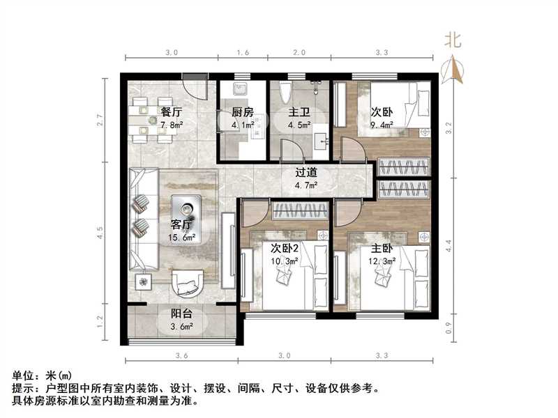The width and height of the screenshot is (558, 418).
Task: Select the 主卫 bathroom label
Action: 299,111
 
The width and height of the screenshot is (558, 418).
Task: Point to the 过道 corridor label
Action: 307,171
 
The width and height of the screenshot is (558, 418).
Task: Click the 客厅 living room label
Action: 181,224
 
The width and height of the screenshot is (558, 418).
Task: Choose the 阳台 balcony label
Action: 181,313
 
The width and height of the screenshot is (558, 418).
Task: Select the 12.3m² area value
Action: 382,261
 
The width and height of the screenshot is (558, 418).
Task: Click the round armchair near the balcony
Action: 186,281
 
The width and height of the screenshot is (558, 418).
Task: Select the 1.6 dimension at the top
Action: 242,52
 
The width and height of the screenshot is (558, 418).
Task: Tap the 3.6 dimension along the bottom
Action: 181,356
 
